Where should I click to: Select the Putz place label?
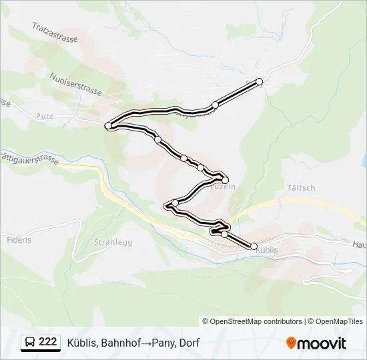45,115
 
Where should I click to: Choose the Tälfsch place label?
300,188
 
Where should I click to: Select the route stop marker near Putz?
108,125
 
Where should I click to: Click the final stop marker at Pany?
260,81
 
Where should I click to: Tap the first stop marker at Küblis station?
254,246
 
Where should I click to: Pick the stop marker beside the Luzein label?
225,180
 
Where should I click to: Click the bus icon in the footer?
31,343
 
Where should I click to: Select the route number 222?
48,342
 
